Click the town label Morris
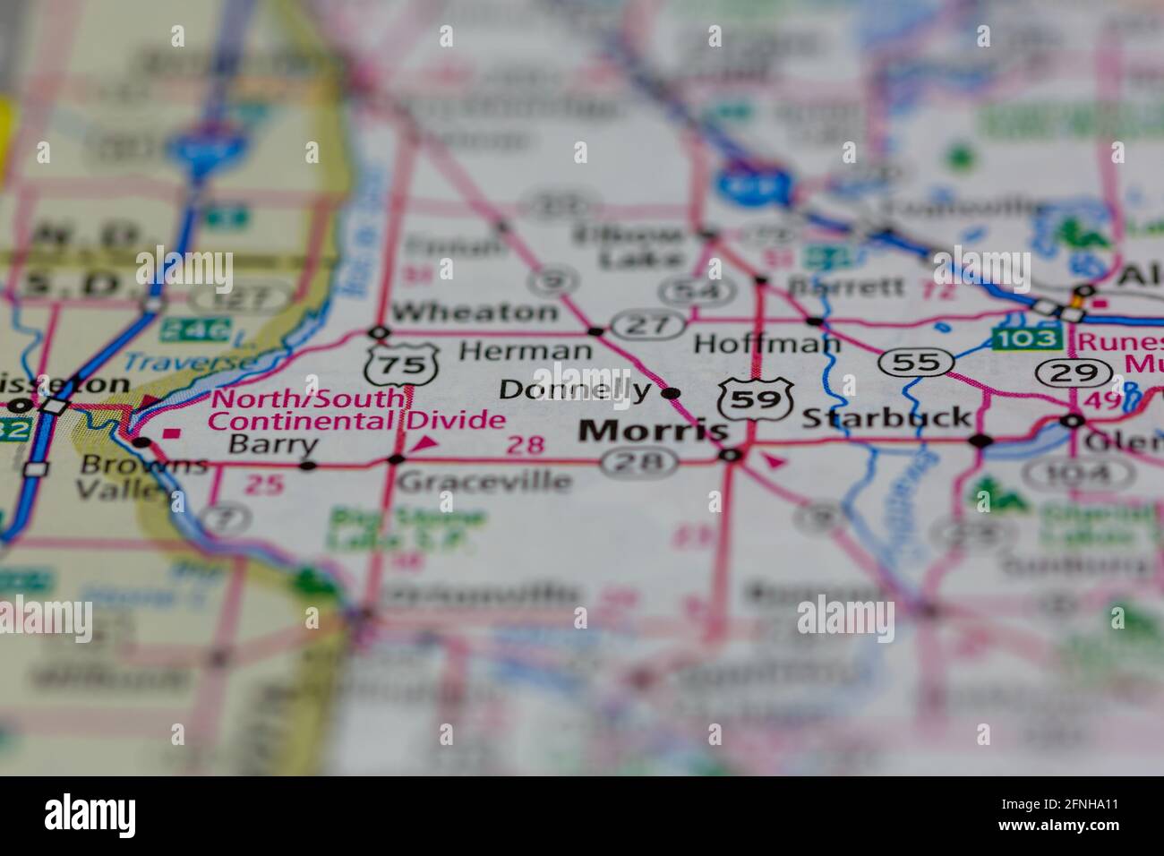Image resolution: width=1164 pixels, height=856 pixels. click(653, 431)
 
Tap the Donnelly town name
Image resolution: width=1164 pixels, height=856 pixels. click(575, 389)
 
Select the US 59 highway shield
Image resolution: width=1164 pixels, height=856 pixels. click(757, 399)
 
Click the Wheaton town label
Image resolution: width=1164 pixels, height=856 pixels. click(474, 312)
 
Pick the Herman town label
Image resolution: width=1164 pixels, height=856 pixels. click(525, 350)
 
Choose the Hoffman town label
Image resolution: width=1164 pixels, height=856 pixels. click(767, 343)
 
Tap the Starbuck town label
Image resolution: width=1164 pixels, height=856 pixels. click(886, 417)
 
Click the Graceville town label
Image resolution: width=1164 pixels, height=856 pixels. click(484, 482)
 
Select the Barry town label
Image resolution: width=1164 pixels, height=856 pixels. click(272, 444)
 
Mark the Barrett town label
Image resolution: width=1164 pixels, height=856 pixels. click(846, 287)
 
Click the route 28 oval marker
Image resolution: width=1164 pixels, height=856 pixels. click(638, 462)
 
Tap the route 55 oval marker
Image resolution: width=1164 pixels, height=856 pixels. click(914, 362)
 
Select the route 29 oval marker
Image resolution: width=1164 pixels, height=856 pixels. click(1070, 372)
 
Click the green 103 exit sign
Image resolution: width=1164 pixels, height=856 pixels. click(1026, 338)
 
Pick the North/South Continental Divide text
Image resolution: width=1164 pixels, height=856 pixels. click(356, 409)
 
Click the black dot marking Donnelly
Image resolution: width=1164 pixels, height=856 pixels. click(672, 392)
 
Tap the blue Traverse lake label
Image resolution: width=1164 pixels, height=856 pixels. click(189, 362)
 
